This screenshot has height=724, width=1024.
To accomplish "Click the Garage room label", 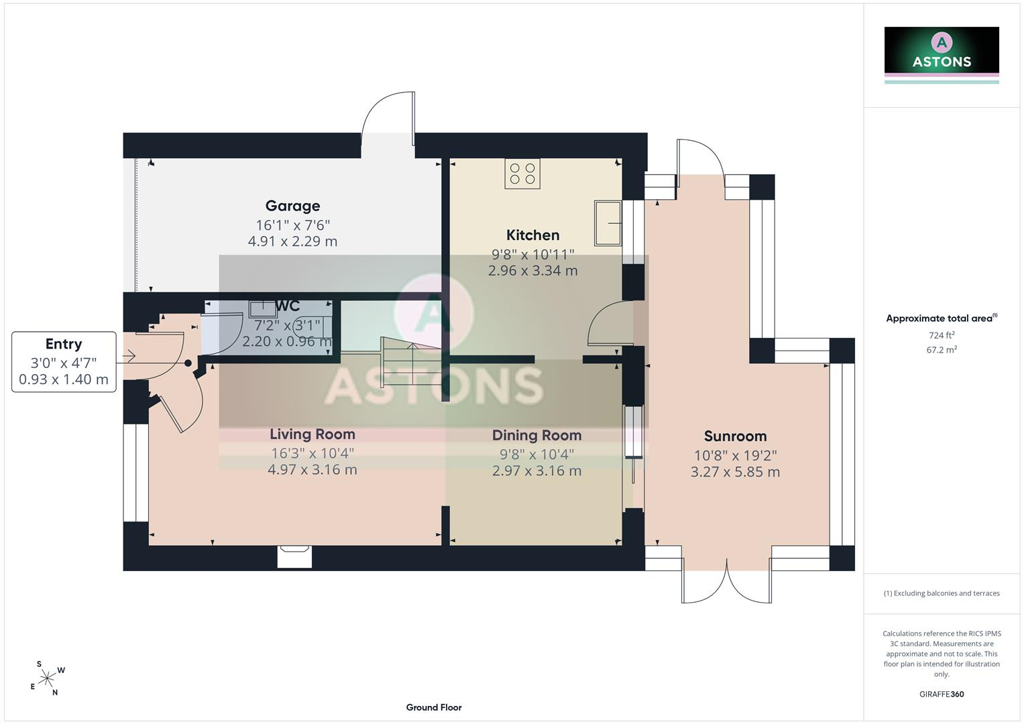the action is (x=292, y=206).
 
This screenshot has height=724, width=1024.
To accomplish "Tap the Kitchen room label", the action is (x=532, y=235).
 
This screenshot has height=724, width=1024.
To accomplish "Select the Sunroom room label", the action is (x=735, y=436).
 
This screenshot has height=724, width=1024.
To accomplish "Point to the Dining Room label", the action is (x=536, y=435).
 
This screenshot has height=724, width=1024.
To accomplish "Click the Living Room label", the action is (x=312, y=434).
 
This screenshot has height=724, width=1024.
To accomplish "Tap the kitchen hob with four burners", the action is (x=522, y=174).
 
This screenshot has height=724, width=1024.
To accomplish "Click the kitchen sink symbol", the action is (x=608, y=223).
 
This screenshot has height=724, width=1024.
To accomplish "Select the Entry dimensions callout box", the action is (x=64, y=361).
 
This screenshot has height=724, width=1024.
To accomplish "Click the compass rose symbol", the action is (x=47, y=678).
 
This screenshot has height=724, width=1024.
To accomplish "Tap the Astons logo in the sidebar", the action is (x=942, y=55).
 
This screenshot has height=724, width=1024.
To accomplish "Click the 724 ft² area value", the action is (x=942, y=335).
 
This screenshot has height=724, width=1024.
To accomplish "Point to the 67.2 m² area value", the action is (x=942, y=350).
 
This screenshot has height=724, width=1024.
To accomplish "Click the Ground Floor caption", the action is (x=434, y=707).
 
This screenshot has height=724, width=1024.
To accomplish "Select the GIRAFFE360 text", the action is (x=942, y=695).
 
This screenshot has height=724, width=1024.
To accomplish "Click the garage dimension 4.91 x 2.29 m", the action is (x=292, y=241).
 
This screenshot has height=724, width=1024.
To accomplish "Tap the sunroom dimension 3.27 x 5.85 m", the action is (x=735, y=472).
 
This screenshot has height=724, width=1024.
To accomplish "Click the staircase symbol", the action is (x=412, y=361).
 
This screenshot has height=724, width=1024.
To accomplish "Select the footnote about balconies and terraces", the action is (x=942, y=593).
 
